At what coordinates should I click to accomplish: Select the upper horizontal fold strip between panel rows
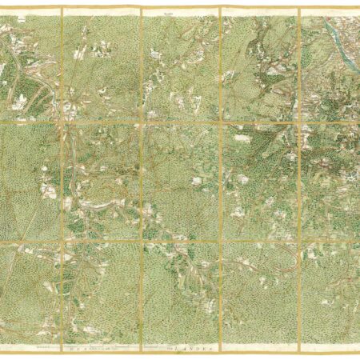coord(180,122)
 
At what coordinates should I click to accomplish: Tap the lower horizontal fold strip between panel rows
coord(180,242)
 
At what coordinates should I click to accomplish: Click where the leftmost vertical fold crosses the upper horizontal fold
coord(61,122)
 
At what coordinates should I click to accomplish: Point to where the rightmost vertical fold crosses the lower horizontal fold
coord(299,242)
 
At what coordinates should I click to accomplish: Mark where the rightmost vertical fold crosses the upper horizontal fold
coord(299,122)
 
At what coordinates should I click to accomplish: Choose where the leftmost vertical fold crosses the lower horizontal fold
coord(61,242)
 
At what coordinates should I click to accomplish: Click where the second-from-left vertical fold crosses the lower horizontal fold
coord(141,242)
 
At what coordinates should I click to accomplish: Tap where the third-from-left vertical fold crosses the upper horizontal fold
coord(221,122)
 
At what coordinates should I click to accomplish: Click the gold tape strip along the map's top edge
coord(180,10)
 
